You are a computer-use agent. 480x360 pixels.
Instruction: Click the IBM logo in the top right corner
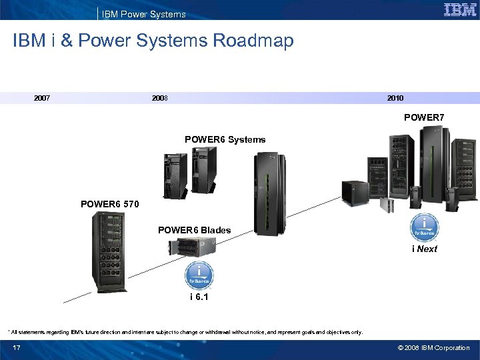(x=459, y=10)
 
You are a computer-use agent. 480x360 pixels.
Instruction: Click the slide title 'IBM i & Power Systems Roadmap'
(x=153, y=41)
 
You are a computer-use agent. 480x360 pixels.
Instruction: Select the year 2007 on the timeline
(x=42, y=98)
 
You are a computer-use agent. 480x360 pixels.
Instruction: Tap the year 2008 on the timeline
(x=160, y=98)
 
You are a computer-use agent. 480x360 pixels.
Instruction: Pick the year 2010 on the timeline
(x=395, y=98)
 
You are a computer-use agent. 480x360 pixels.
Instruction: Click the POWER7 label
(x=424, y=117)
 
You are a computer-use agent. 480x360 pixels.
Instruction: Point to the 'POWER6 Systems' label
(x=225, y=139)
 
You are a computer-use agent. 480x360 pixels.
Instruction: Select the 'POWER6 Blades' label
(x=194, y=230)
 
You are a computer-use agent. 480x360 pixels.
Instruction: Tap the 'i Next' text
(x=425, y=249)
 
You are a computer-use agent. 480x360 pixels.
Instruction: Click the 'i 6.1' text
(x=198, y=297)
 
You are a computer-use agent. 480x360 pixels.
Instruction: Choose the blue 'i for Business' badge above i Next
(x=424, y=227)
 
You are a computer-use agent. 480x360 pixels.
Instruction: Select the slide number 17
(x=17, y=347)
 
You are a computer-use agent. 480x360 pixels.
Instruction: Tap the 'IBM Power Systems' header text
(x=143, y=14)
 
